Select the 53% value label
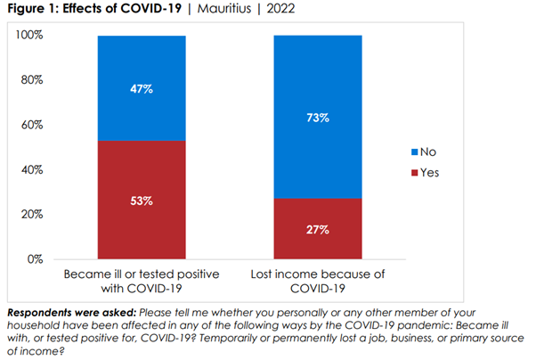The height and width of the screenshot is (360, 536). (142, 200)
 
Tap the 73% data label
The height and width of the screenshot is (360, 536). (319, 118)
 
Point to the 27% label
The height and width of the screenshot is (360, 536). (319, 230)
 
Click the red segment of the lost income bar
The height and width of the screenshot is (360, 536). (319, 241)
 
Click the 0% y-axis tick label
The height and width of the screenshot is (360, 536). (34, 259)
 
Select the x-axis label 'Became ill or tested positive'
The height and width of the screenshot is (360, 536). (142, 271)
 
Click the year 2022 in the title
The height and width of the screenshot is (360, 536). (280, 10)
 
